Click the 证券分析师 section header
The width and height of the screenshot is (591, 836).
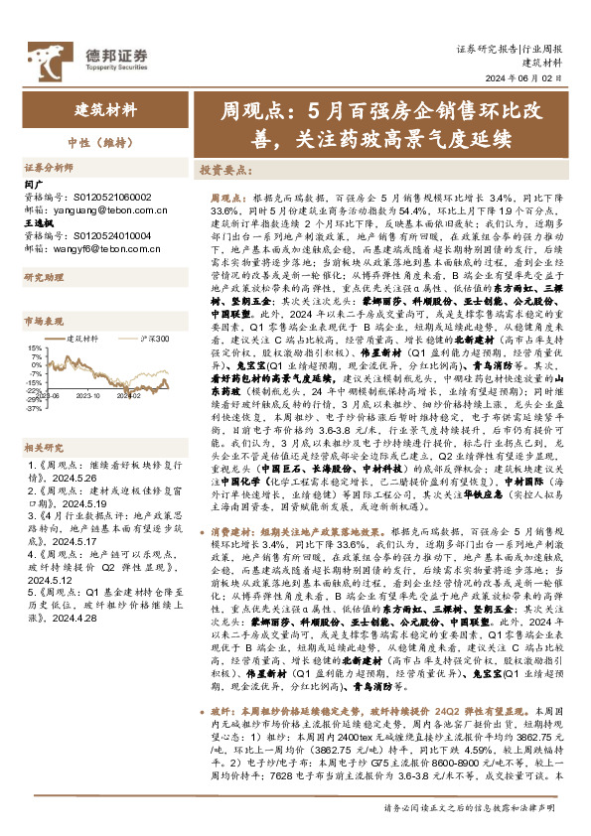coord(49,168)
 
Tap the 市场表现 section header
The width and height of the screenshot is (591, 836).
coord(43,323)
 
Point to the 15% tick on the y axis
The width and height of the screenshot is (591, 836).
coord(34,348)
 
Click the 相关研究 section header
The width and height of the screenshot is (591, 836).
coord(43,419)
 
